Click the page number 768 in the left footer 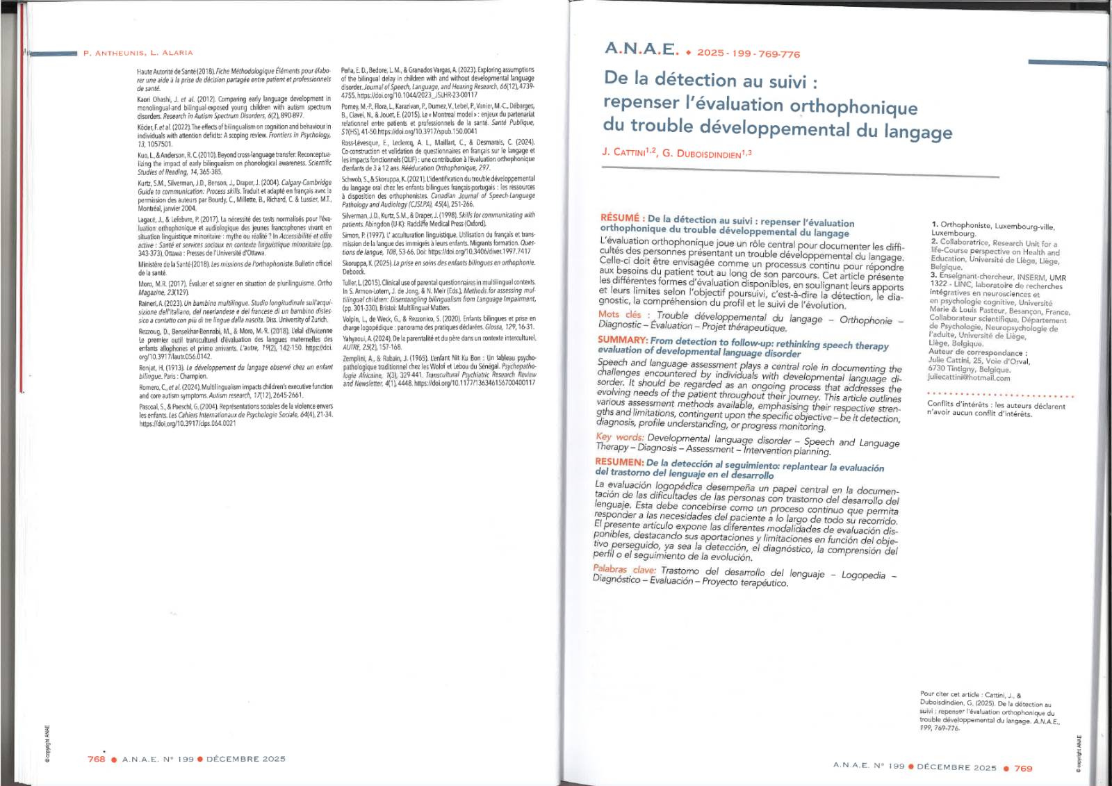click(x=97, y=759)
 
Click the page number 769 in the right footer click(x=1023, y=769)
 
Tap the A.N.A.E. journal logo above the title click(x=641, y=49)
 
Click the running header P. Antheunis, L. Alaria click(x=138, y=53)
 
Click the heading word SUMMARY click(x=623, y=340)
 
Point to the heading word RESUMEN click(x=619, y=461)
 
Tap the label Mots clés click(x=620, y=315)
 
